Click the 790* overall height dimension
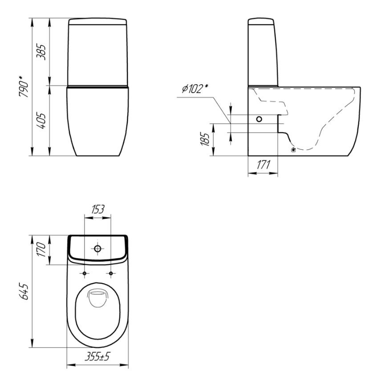click(24, 86)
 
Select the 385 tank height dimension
click(41, 52)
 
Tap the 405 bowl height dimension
click(41, 121)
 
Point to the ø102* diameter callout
click(195, 89)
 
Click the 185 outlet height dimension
click(205, 139)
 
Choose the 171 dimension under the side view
click(263, 165)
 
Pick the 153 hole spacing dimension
click(98, 209)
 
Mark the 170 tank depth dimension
click(41, 249)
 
